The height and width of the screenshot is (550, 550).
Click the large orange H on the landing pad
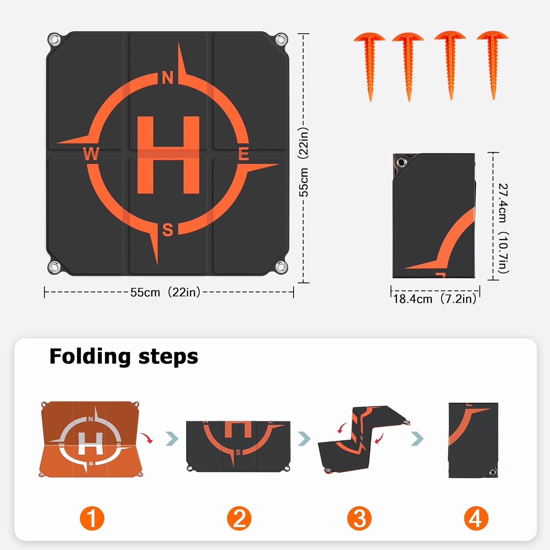pyautogui.click(x=168, y=155)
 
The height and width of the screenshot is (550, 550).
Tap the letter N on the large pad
pyautogui.click(x=168, y=78)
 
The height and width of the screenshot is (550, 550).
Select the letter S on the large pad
pyautogui.click(x=168, y=230)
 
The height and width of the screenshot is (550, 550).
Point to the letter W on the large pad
pyautogui.click(x=91, y=154)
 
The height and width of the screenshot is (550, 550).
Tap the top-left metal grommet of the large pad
pyautogui.click(x=55, y=39)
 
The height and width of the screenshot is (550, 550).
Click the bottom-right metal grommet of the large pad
pyautogui.click(x=281, y=267)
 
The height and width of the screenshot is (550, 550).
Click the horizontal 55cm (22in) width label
pyautogui.click(x=165, y=292)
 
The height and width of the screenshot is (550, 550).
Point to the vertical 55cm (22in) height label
pyautogui.click(x=304, y=162)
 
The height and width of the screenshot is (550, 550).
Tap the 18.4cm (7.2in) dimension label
pyautogui.click(x=435, y=299)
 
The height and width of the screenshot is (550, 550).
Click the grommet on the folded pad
pyautogui.click(x=401, y=162)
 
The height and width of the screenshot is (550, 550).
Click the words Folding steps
pyautogui.click(x=124, y=356)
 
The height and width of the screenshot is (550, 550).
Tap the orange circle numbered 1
pyautogui.click(x=92, y=518)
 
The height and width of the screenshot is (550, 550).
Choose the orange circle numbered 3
pyautogui.click(x=359, y=518)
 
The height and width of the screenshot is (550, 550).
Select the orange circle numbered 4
pyautogui.click(x=476, y=518)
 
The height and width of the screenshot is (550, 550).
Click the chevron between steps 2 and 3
pyautogui.click(x=304, y=439)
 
